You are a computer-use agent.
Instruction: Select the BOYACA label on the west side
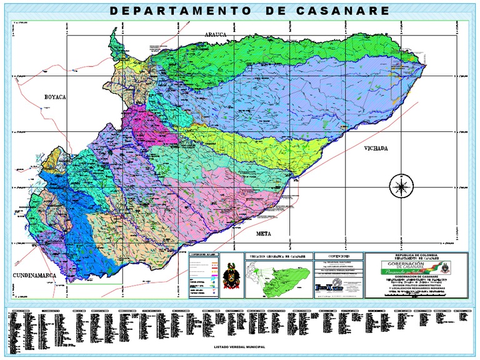[x=54, y=97]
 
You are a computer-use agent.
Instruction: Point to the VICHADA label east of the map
[x=376, y=149]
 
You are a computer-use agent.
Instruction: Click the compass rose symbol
[x=399, y=186]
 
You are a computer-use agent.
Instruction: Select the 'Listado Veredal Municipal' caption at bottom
[x=239, y=346]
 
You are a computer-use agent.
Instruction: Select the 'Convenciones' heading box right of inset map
[x=337, y=255]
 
